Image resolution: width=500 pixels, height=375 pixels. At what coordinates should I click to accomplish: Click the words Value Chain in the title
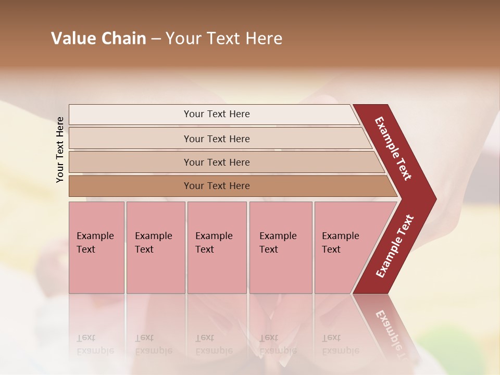coord(98,38)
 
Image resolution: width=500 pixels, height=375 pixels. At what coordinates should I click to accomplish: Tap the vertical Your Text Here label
coord(60,149)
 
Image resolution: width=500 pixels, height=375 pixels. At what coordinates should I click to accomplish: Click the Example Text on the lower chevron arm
coord(395,246)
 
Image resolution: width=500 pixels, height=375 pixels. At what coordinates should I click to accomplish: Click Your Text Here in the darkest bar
coord(217,186)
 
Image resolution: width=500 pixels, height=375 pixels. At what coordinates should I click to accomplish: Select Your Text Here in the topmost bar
coord(217,114)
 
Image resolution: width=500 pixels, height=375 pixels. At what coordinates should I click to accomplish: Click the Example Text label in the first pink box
coord(95,242)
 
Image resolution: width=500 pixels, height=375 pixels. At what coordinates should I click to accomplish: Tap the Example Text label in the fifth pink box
coord(340,242)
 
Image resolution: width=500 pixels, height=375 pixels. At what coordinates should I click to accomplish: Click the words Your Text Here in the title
coord(224,38)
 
